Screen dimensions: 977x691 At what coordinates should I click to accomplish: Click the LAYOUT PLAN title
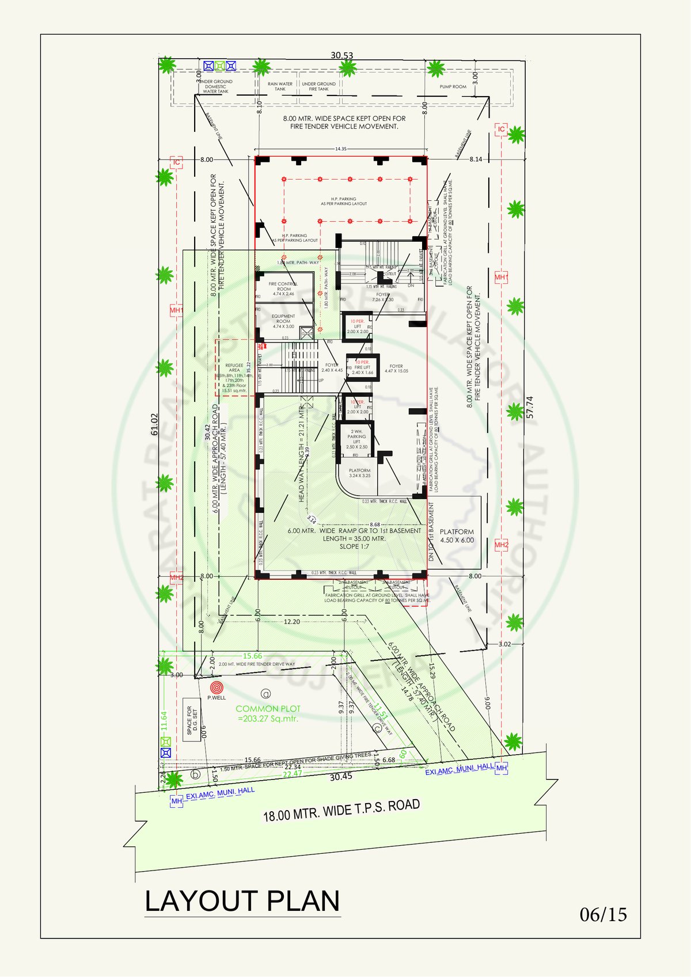(x=242, y=901)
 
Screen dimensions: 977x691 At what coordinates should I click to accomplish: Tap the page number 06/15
(x=603, y=914)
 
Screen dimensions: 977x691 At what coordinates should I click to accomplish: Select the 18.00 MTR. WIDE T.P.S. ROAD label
(x=341, y=810)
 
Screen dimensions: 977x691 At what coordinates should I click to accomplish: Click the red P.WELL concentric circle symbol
(x=217, y=687)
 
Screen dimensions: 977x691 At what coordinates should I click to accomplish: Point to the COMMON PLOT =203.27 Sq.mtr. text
(x=268, y=713)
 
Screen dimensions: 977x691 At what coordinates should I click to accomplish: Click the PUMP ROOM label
(x=453, y=87)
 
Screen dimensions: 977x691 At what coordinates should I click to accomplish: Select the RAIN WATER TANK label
(x=280, y=86)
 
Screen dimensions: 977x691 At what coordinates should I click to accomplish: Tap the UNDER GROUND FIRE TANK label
(x=318, y=86)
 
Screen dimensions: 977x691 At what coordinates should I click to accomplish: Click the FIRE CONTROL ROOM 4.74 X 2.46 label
(x=283, y=288)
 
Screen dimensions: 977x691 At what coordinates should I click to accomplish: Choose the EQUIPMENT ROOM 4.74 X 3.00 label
(x=283, y=321)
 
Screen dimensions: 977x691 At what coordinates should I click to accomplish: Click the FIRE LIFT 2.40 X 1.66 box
(x=363, y=368)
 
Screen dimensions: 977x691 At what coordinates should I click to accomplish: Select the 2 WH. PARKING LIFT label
(x=356, y=439)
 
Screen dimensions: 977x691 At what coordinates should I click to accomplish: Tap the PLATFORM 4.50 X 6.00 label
(x=457, y=536)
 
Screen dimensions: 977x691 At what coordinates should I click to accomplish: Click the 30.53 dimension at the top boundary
(x=341, y=56)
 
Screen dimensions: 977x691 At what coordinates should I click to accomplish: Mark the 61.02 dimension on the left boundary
(x=154, y=424)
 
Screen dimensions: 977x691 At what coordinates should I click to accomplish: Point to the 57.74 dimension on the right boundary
(x=530, y=406)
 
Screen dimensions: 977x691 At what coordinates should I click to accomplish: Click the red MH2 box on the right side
(x=502, y=545)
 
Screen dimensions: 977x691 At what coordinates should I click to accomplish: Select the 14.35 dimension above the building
(x=341, y=149)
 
